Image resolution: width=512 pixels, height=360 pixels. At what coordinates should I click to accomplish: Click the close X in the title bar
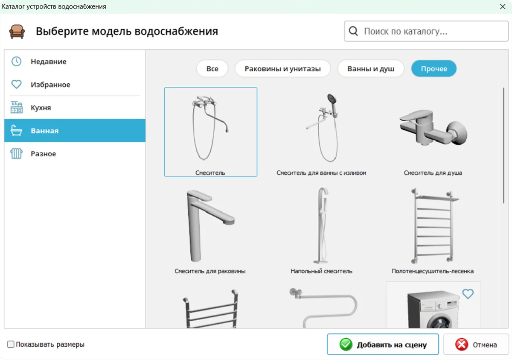[x=503, y=6]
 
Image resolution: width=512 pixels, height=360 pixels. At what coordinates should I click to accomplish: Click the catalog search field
[x=426, y=31]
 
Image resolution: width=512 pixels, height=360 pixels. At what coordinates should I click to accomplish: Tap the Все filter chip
[x=212, y=69]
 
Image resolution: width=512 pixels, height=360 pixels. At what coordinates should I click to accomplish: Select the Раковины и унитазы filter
[x=282, y=69]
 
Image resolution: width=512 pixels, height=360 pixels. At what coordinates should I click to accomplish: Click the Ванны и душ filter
[x=371, y=69]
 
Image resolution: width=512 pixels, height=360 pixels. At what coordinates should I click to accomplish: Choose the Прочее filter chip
[x=434, y=69]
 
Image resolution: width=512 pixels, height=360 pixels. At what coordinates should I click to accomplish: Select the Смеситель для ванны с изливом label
[x=321, y=173]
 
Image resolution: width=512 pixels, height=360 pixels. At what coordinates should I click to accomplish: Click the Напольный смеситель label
[x=321, y=271]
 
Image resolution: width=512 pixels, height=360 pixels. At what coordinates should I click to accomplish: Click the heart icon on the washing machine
[x=468, y=294]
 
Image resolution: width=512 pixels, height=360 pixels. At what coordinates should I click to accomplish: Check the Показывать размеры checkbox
[x=11, y=344]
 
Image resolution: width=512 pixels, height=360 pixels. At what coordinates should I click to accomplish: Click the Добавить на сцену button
[x=383, y=345]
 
